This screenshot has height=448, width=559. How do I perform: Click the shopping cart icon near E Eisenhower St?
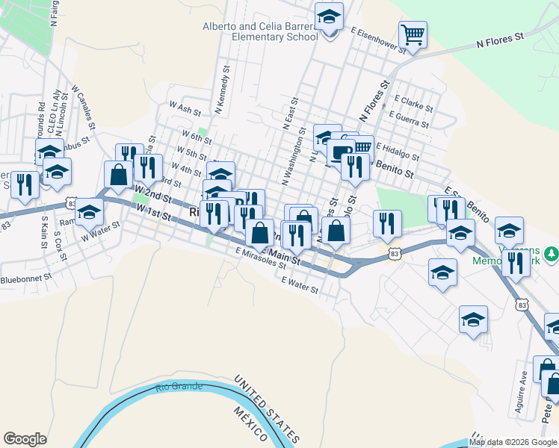(x=413, y=34)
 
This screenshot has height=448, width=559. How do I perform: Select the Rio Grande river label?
(x=179, y=387)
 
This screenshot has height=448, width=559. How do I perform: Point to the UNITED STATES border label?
(x=266, y=409)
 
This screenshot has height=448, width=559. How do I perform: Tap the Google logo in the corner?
(x=25, y=439)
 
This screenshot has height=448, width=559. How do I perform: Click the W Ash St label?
(x=185, y=109)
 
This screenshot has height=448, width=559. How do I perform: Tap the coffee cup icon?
(x=342, y=152)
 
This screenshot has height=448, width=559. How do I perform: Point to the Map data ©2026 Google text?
(x=513, y=442)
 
